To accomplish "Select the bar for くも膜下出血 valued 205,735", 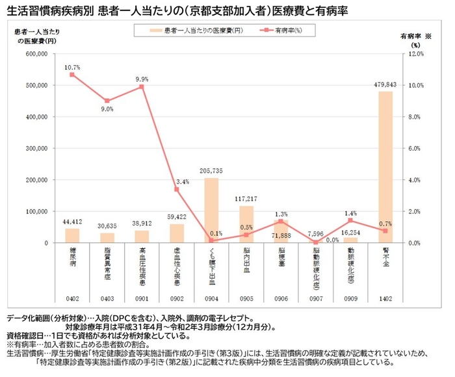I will (211, 210).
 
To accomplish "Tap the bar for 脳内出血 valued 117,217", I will (246, 224).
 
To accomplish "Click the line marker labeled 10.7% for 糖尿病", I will (72, 75).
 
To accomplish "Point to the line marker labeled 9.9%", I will (142, 87).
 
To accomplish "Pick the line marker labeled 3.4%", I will (177, 189).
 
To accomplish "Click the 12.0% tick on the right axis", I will (415, 54).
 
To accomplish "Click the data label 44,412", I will (72, 222).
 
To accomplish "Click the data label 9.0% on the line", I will (107, 110).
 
